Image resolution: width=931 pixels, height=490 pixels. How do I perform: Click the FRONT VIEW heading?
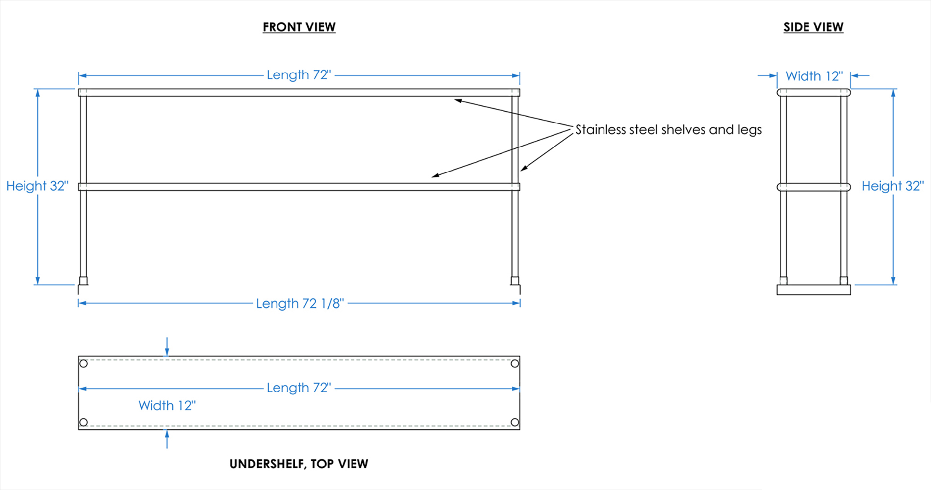(299, 27)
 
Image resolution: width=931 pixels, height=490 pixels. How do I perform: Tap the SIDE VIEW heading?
(813, 27)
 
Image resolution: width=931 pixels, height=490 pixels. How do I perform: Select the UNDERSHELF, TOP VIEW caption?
(299, 464)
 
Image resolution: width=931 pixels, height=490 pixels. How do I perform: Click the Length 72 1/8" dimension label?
(300, 303)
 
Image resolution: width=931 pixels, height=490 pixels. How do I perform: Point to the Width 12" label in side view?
(814, 76)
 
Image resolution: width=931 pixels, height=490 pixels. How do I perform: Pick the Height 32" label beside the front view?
(37, 186)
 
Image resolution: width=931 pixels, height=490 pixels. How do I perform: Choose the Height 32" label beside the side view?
(893, 186)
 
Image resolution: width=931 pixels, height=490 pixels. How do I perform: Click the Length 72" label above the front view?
(299, 75)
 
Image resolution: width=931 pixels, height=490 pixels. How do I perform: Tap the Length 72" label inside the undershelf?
(299, 388)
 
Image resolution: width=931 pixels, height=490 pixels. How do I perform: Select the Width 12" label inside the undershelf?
(167, 405)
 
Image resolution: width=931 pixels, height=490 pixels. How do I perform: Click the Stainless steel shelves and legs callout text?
(668, 129)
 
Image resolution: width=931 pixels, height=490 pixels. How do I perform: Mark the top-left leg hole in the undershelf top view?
(84, 364)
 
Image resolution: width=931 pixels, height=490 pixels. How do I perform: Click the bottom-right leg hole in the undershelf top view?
(515, 422)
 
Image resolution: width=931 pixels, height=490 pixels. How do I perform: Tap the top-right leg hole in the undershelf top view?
(515, 364)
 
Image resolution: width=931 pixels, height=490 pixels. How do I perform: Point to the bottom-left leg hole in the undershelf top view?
(84, 422)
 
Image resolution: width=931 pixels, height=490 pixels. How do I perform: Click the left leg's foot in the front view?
(83, 281)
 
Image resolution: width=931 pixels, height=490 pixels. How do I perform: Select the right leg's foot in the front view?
(515, 281)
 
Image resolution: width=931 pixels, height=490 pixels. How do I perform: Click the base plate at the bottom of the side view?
(813, 290)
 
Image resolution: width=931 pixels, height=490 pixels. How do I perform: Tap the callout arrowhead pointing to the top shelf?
(458, 100)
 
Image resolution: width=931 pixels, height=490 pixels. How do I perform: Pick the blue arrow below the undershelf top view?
(167, 439)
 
